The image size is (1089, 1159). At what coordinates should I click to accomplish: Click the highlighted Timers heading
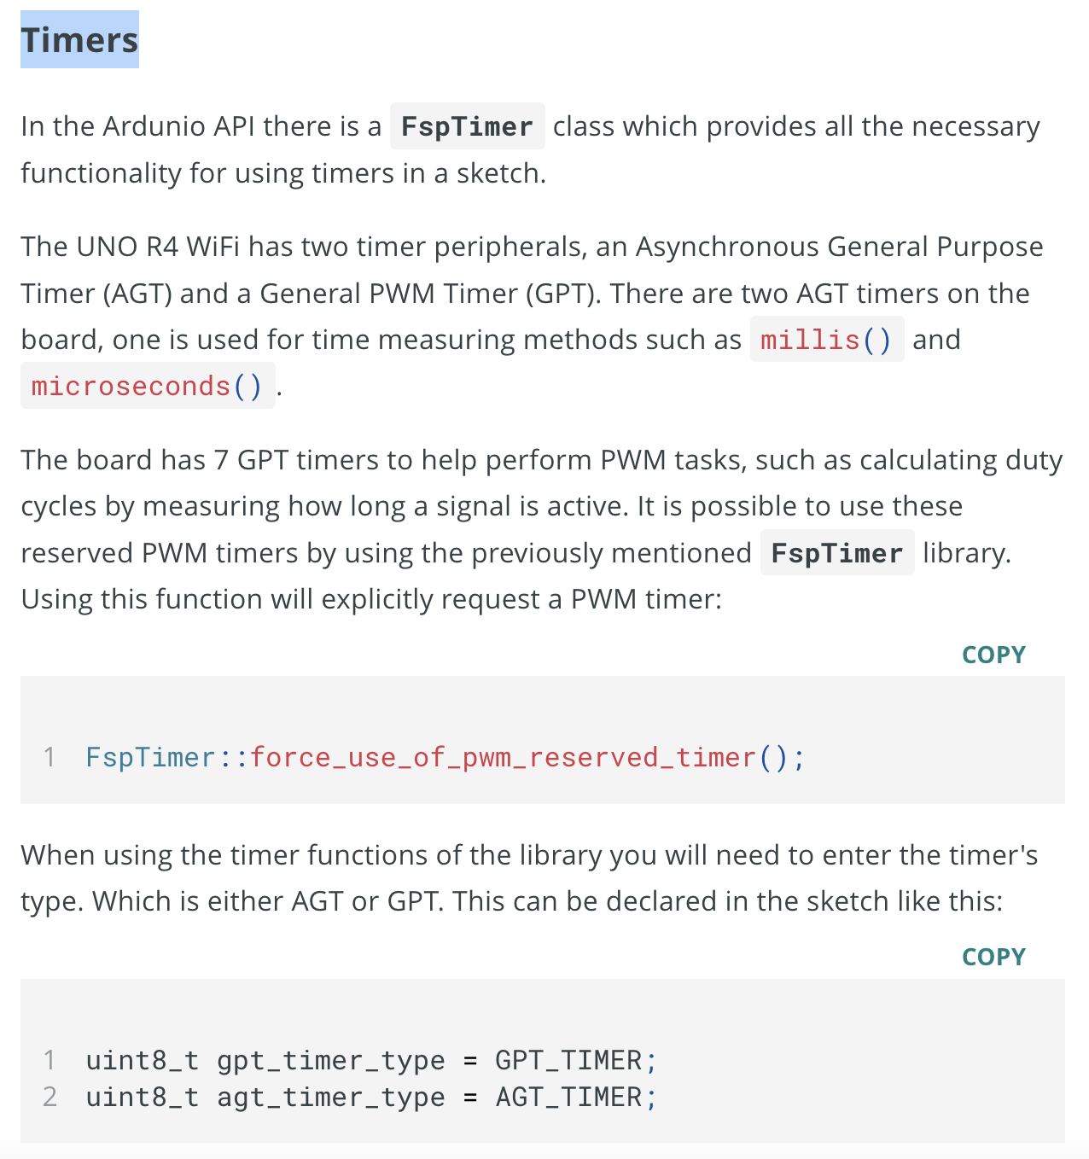coord(79,39)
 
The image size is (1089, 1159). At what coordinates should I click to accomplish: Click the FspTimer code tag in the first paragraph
coord(467,126)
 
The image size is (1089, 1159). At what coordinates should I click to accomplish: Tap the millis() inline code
coord(826,340)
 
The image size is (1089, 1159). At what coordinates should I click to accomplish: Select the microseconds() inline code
coord(148,386)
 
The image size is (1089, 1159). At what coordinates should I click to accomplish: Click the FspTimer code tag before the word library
coord(837,553)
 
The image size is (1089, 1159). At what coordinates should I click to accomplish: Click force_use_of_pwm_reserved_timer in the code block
coord(503,758)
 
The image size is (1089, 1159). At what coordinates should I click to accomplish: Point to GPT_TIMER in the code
coord(568,1060)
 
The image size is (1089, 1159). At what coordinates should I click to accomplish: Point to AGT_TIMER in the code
coord(568,1098)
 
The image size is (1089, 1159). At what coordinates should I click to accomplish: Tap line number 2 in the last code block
coord(50,1098)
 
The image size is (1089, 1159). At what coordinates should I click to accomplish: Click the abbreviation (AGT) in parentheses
coord(137,294)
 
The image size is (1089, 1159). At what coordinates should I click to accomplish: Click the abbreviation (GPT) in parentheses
coord(563,294)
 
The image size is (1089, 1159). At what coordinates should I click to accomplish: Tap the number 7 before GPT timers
coord(221,461)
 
